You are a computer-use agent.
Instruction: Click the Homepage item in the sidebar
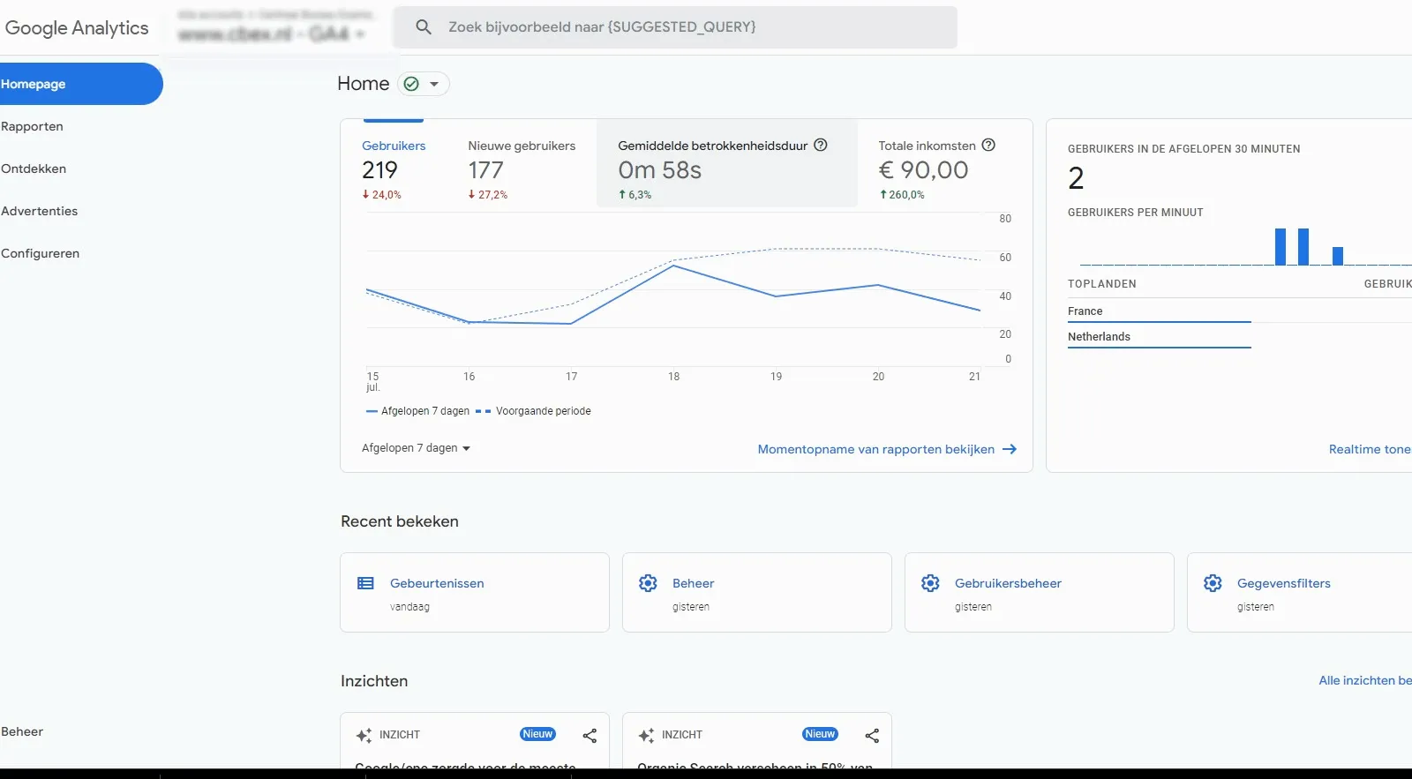point(34,84)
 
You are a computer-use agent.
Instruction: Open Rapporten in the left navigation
point(32,126)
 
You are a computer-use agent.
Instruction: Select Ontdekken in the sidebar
point(34,169)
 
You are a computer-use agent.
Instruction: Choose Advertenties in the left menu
point(39,211)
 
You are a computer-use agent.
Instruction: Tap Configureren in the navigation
point(40,253)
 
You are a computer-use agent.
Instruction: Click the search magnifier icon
point(424,27)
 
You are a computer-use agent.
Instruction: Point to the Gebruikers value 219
point(379,170)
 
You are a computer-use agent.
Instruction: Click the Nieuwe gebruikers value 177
point(485,170)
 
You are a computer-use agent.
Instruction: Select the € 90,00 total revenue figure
point(923,170)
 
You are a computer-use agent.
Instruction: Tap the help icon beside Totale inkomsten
point(988,146)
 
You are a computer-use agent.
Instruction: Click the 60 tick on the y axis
point(1005,258)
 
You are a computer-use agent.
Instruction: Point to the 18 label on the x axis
point(673,377)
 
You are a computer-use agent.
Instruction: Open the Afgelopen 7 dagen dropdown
point(416,448)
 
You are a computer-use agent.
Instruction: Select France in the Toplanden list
point(1085,311)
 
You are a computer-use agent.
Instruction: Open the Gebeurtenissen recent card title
point(437,583)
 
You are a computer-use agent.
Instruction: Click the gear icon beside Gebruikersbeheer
point(930,583)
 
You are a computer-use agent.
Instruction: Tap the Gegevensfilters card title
point(1283,583)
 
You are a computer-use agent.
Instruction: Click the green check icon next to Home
point(411,84)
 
